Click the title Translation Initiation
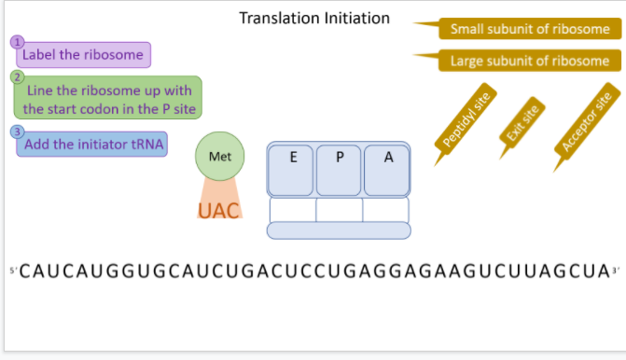coord(314,19)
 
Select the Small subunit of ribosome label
coord(529,29)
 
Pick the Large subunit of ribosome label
coord(529,61)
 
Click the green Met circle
coord(220,157)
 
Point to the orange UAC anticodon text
coord(218,210)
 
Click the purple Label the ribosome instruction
coord(83,55)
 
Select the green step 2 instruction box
coord(108,99)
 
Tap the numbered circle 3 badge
coord(17,132)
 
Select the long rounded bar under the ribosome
coord(339,229)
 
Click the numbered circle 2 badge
coord(17,76)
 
